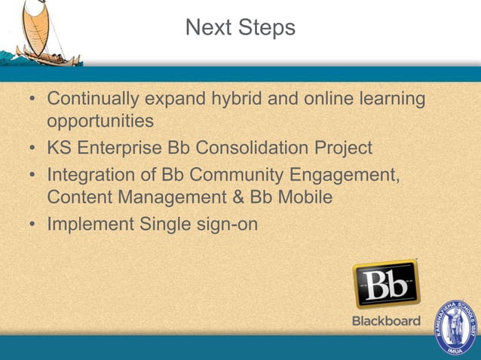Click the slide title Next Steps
tap(240, 28)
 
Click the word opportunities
tap(100, 121)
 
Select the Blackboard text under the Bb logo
tap(386, 321)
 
